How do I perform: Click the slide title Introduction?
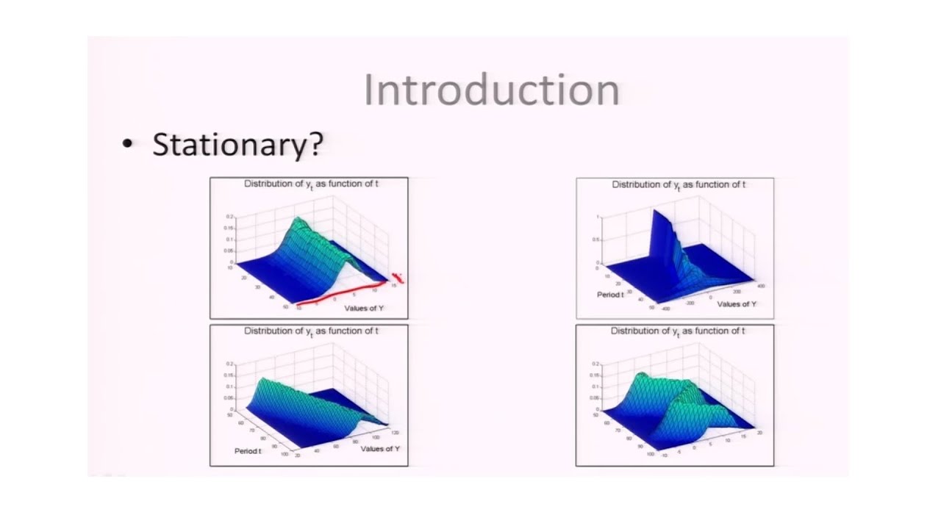(x=491, y=90)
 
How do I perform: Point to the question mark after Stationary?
(x=315, y=144)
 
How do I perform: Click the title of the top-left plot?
(x=312, y=184)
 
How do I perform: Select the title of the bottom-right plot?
(x=678, y=331)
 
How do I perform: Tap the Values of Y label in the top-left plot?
(x=364, y=308)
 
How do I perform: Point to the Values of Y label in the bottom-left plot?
(x=380, y=448)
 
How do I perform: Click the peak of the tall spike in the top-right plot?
(x=652, y=212)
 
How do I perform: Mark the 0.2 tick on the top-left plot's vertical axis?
(x=229, y=217)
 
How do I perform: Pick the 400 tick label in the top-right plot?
(x=760, y=284)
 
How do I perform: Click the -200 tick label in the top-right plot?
(x=690, y=302)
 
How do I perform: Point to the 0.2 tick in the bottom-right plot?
(x=595, y=364)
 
